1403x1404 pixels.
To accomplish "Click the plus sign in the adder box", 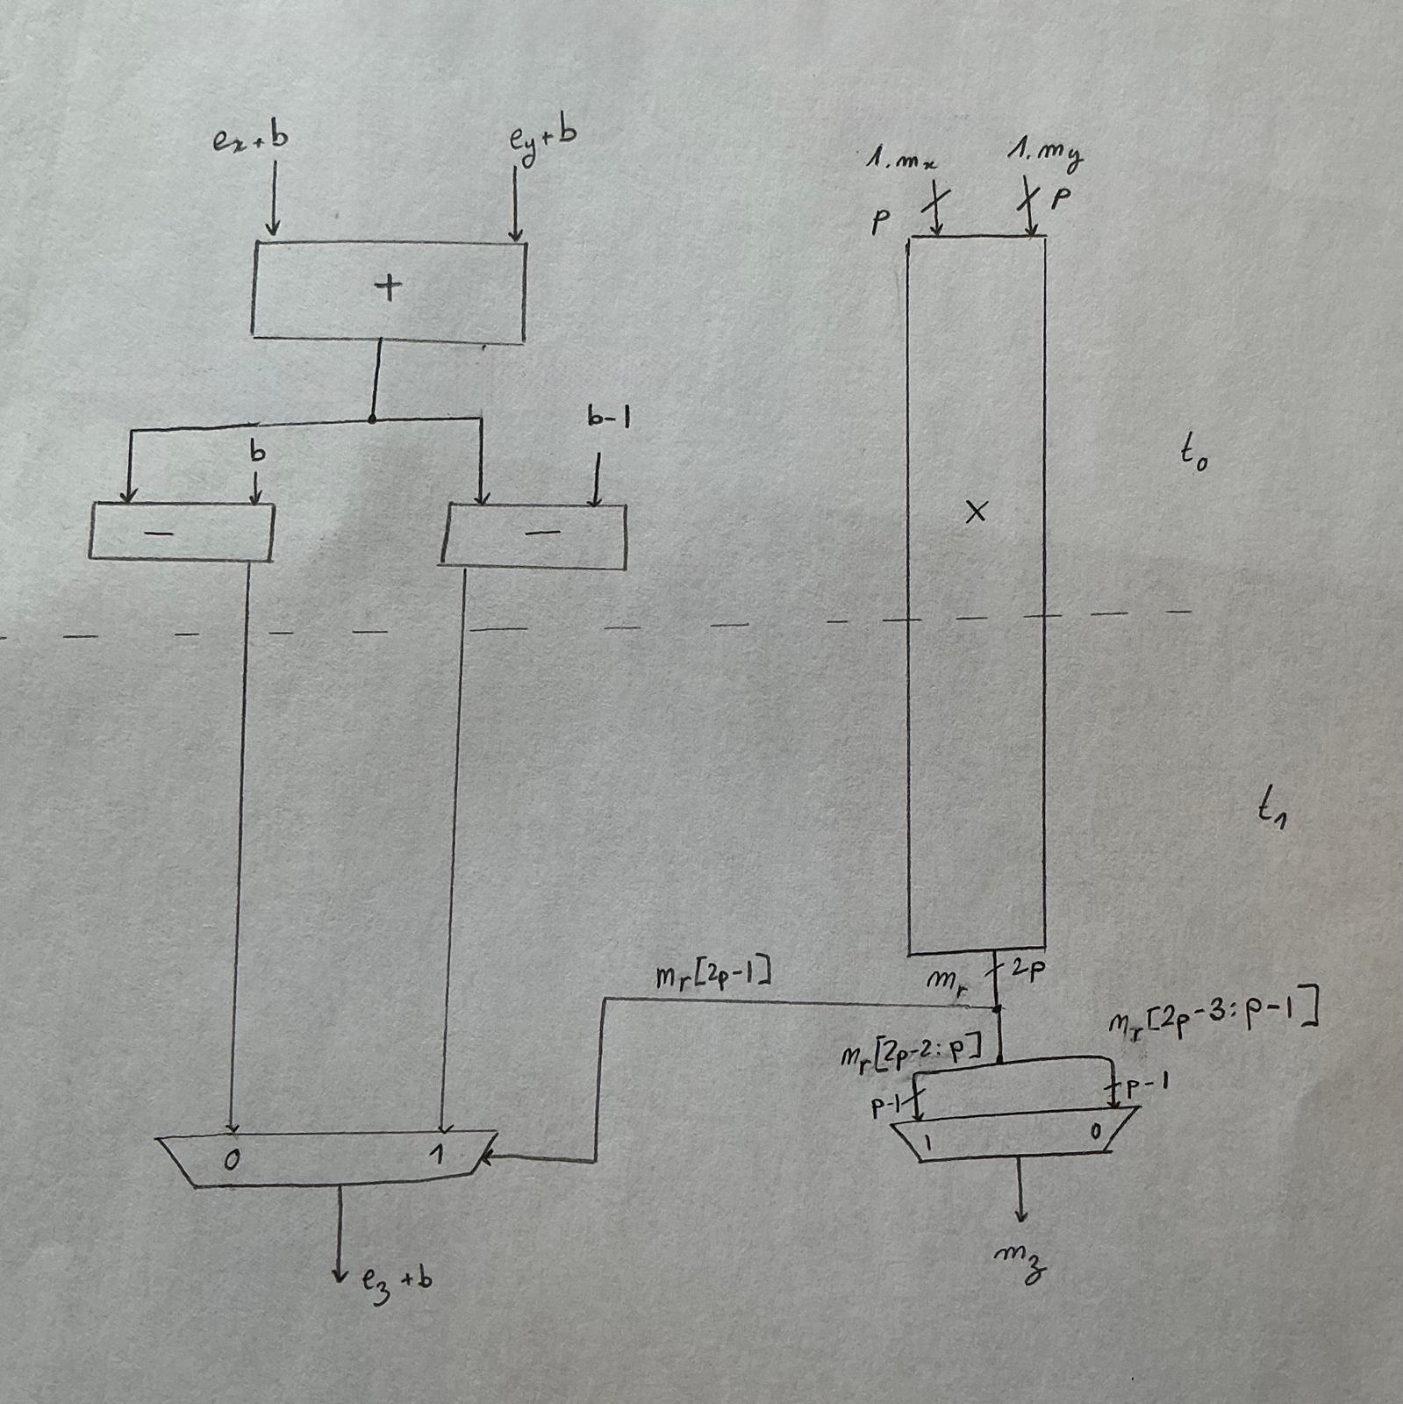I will click(388, 287).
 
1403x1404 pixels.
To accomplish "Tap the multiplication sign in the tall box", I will click(976, 512).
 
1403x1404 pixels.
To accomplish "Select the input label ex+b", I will click(250, 140).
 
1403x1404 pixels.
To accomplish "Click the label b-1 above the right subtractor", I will click(609, 419).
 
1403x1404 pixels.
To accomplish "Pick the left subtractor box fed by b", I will click(182, 532).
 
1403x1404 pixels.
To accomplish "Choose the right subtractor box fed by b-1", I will click(534, 535).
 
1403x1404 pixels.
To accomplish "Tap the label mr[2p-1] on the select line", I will click(713, 976).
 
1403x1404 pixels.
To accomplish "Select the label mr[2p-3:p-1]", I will click(1213, 1017).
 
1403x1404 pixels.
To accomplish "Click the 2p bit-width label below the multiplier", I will click(1026, 971).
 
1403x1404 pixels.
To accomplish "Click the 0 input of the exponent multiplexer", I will click(231, 1160).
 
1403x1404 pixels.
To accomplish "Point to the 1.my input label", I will click(1045, 155).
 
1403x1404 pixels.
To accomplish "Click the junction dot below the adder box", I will click(372, 420).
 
